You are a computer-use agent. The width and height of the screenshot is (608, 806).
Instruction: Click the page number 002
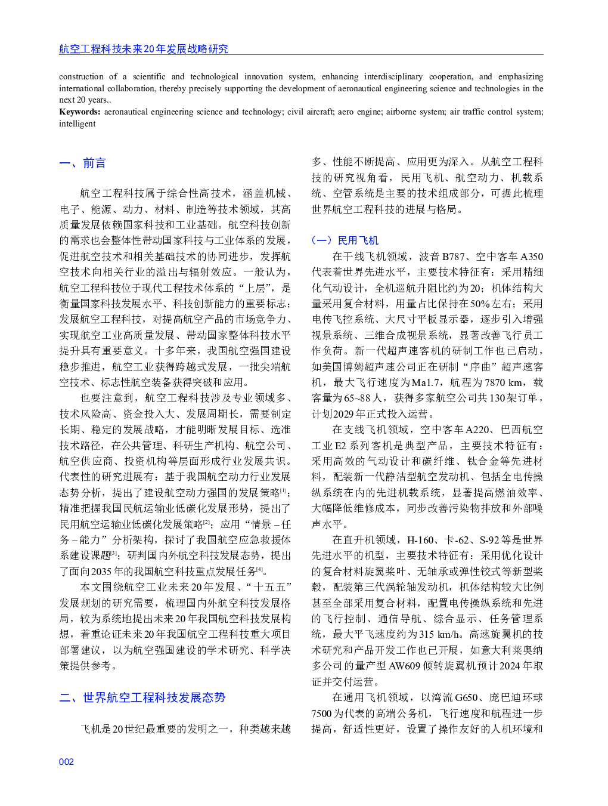[66, 762]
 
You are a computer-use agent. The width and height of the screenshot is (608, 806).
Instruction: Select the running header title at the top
[143, 49]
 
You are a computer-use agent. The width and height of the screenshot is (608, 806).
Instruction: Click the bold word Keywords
[79, 112]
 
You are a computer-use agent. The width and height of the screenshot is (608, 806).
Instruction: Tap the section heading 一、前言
[82, 163]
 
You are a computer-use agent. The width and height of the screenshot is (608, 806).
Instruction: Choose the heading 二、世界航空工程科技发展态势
[142, 698]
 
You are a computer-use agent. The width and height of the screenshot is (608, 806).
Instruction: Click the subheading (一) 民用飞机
[345, 240]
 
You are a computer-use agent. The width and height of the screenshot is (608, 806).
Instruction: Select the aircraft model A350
[532, 257]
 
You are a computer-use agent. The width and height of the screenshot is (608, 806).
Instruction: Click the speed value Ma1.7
[425, 382]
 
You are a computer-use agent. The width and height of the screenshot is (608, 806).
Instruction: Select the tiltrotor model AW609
[405, 666]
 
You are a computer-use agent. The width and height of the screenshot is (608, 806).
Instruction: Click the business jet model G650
[466, 697]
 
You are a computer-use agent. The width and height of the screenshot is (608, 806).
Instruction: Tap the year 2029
[343, 414]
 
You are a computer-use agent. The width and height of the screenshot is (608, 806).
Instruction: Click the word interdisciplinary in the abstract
[393, 77]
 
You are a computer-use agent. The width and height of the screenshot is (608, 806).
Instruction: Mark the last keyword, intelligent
[77, 124]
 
